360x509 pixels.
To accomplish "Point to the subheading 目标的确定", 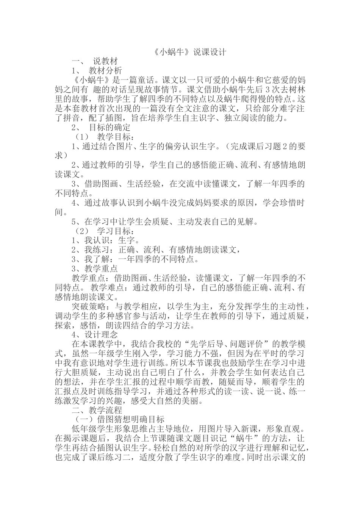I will click(x=110, y=128).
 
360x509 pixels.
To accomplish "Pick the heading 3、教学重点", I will click(x=92, y=269).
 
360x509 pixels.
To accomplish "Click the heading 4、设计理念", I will click(x=92, y=335).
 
